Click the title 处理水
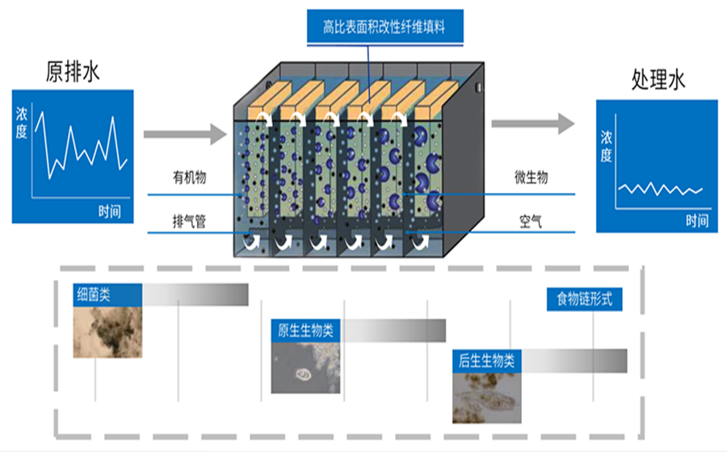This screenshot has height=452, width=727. [658, 80]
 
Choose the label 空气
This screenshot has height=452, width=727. [531, 219]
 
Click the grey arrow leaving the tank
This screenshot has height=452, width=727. [532, 122]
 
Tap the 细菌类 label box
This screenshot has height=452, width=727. [105, 295]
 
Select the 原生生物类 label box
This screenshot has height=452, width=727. [307, 330]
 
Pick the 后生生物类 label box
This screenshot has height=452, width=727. [487, 360]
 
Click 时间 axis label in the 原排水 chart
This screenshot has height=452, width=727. [110, 211]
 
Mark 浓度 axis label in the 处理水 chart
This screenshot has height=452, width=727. [606, 146]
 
